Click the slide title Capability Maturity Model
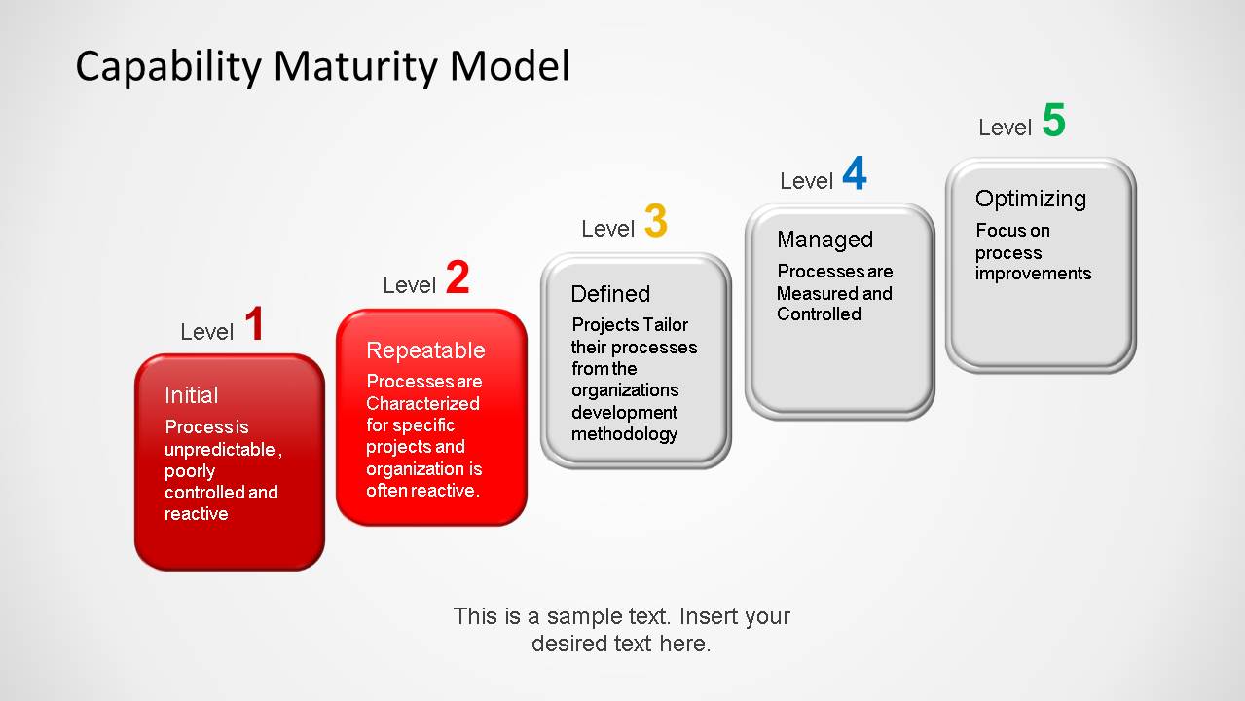click(322, 66)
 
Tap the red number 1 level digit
click(254, 325)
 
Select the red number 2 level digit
click(458, 278)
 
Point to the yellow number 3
click(655, 222)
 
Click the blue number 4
click(854, 175)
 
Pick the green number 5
click(1053, 122)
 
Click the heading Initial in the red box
click(191, 395)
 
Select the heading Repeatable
click(425, 350)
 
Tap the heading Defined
click(610, 294)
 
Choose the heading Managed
click(824, 240)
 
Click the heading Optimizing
click(1030, 199)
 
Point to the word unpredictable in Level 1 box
click(221, 449)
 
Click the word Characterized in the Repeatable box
click(422, 403)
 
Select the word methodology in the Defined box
click(624, 433)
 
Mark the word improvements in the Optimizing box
click(1033, 274)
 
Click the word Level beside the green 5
click(1005, 128)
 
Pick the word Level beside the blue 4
click(806, 181)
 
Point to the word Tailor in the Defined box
click(666, 325)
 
